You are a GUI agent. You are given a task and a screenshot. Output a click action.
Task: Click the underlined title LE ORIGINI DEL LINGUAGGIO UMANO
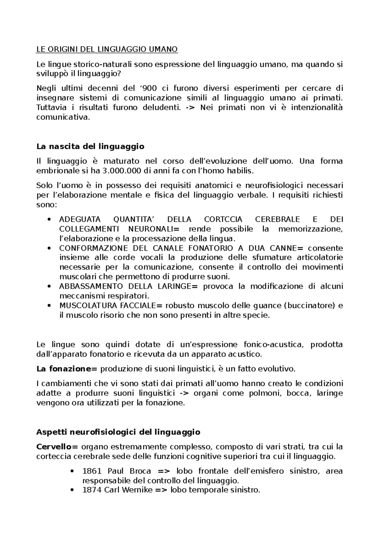pos(107,49)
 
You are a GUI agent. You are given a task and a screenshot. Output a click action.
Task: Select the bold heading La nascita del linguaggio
pos(90,146)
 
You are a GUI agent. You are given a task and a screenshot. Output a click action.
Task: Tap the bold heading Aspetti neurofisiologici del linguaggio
pos(118,432)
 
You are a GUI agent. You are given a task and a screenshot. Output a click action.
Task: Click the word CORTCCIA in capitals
pos(223,219)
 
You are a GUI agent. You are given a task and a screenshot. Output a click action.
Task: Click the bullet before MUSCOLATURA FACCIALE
pos(49,306)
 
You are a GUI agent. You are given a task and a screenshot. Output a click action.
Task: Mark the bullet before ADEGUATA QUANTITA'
pos(49,220)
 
